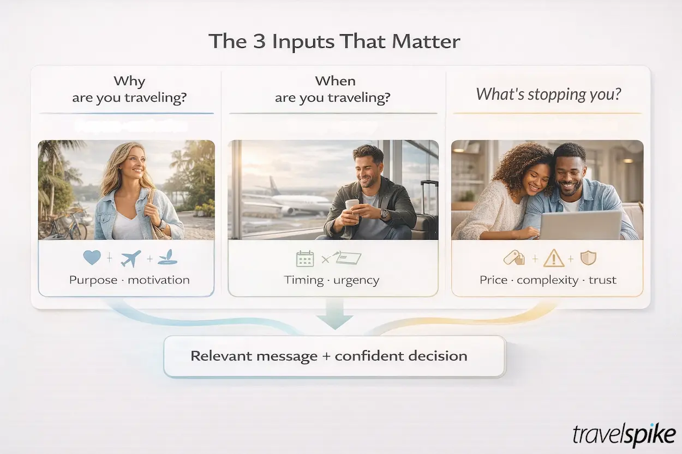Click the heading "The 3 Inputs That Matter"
[x=334, y=42]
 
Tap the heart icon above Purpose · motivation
[x=92, y=257]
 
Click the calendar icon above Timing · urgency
[x=305, y=258]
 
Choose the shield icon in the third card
[x=588, y=257]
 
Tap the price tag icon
[x=513, y=258]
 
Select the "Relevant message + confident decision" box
[x=334, y=356]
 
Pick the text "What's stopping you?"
[x=548, y=94]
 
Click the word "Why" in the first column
[x=129, y=82]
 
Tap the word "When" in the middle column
[x=335, y=81]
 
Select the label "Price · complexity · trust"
[x=548, y=280]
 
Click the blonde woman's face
[x=133, y=163]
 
